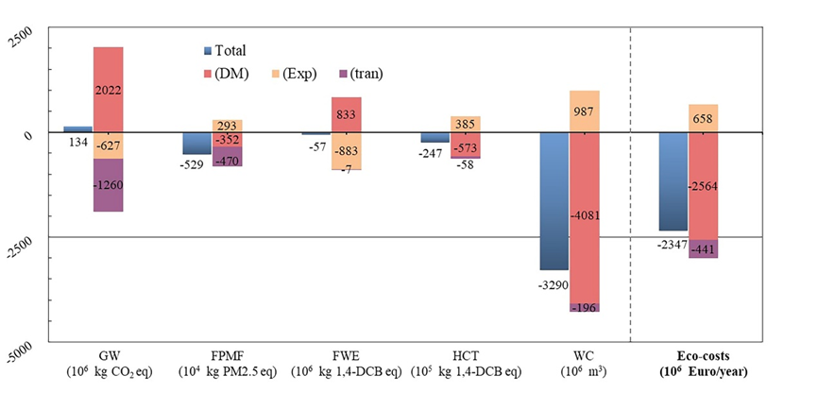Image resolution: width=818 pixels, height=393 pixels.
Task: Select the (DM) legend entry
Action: pos(227,73)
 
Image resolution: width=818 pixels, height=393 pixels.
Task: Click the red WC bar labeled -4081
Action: pos(584,218)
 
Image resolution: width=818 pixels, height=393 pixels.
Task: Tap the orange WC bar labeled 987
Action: pos(584,111)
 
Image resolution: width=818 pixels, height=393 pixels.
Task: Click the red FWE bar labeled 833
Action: pos(346,114)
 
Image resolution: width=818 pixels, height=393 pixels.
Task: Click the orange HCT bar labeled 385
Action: pos(465,124)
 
